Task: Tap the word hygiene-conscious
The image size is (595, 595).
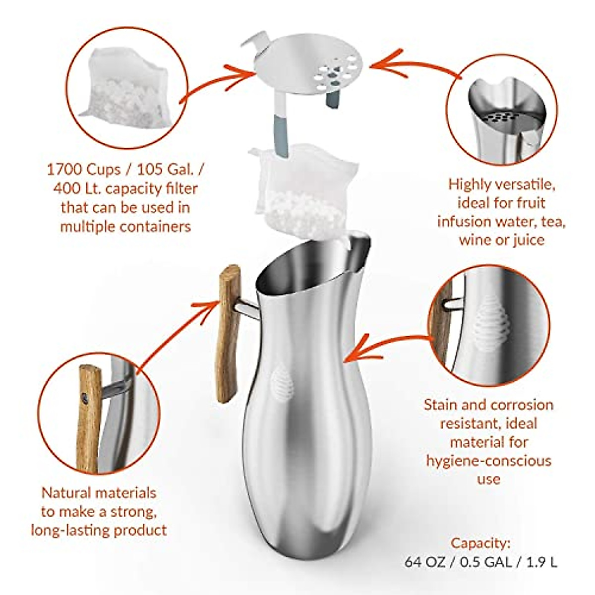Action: click(488, 461)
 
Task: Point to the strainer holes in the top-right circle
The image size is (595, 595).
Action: click(498, 118)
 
